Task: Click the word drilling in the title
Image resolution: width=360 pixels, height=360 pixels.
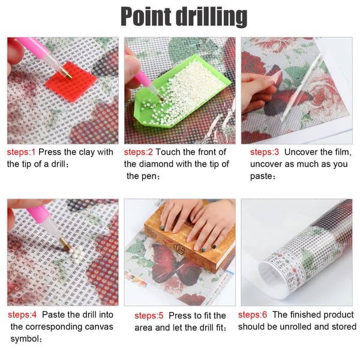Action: coord(211,17)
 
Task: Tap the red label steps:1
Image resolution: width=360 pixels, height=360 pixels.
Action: coord(21,152)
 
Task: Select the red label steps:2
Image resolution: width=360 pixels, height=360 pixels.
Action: coord(138,152)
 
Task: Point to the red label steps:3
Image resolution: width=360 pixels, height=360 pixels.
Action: coord(265,152)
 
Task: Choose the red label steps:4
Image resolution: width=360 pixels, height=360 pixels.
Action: coord(22,314)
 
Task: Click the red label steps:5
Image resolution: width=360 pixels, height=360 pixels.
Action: coord(149,316)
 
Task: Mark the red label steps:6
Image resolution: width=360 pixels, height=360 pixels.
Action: coord(253,314)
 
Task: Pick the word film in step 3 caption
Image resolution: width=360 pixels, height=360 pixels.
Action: coord(341,152)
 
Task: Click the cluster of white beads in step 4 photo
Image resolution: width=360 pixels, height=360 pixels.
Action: coord(76,252)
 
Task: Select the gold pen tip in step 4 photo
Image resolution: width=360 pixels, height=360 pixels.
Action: coord(65,244)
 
